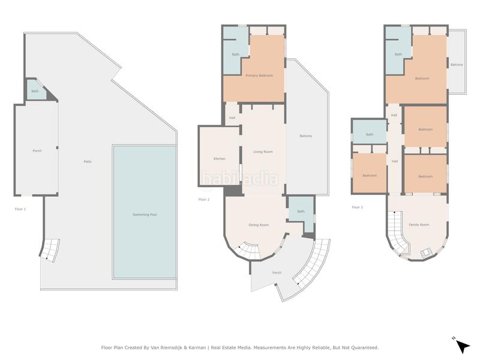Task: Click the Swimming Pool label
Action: coord(145,215)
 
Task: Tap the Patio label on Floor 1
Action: coord(88,161)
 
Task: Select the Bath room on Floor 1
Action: coord(37,89)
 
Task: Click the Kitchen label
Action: coord(220,158)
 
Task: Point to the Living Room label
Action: coord(263,152)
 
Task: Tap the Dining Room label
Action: coord(259,224)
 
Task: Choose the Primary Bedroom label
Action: coord(259,76)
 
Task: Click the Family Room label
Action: coord(419,224)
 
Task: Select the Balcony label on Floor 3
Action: coord(457,65)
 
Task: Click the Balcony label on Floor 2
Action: coord(306,136)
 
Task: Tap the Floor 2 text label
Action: coord(204,199)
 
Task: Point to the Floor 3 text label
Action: coord(357,207)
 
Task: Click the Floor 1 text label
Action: coord(20,209)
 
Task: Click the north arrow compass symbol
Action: coord(462,346)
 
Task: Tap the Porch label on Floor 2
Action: coord(277,272)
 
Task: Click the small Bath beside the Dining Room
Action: coord(301,214)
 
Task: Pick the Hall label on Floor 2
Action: coord(232,118)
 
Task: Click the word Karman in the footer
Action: coord(198,347)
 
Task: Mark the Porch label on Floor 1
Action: coord(37,151)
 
